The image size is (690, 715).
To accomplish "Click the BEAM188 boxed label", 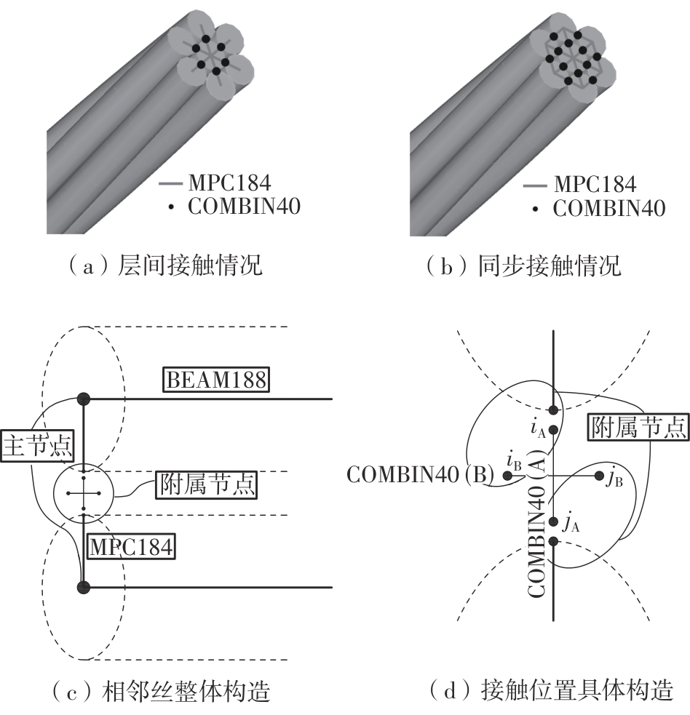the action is tap(216, 380).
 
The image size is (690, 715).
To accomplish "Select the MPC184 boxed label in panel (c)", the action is tap(131, 547).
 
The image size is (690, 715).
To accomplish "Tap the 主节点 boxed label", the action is tap(37, 445).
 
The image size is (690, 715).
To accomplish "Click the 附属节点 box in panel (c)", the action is tap(206, 484).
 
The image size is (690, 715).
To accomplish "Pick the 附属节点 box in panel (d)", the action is tap(638, 427).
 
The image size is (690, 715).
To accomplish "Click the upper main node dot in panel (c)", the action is tap(83, 399).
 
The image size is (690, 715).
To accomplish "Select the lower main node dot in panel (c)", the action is tap(83, 587).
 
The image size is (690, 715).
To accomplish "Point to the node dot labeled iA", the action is tap(553, 430).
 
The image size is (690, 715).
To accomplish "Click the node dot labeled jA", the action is tap(554, 522).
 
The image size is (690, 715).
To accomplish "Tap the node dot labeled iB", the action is tap(507, 476).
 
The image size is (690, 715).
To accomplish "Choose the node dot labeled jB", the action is tap(599, 476).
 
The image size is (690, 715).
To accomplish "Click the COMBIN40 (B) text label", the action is tap(420, 475).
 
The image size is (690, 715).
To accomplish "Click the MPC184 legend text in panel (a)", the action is tap(229, 183).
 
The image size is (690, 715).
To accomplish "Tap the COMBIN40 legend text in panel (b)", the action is tap(609, 208).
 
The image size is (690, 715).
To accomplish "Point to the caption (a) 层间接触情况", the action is tap(165, 265).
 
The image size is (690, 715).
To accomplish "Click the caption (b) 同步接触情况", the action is tap(523, 265).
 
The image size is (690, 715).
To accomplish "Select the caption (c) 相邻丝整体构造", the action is tap(161, 691).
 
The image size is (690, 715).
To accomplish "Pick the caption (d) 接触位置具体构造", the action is tap(551, 690).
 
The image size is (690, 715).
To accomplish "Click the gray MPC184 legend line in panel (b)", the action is tap(535, 185).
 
